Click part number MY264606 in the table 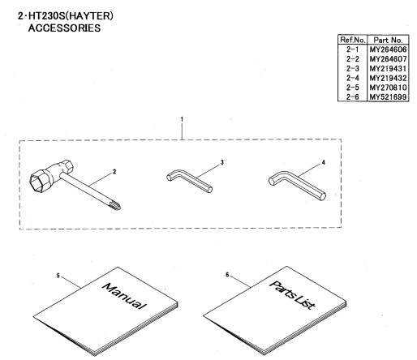pos(388,49)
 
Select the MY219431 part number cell pos(388,68)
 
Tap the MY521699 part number pos(388,96)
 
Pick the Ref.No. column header pos(353,40)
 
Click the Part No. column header pos(388,40)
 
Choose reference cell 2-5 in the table pos(353,88)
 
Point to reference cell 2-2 pos(353,59)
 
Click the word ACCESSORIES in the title pos(64,28)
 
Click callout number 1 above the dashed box pos(182,119)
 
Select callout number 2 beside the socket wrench pos(114,172)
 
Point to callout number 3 pos(222,162)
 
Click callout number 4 pos(323,162)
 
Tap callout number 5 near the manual pos(58,276)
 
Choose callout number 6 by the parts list pos(227,275)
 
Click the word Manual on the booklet pos(124,296)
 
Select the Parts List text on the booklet pos(292,295)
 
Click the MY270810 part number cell pos(388,88)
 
